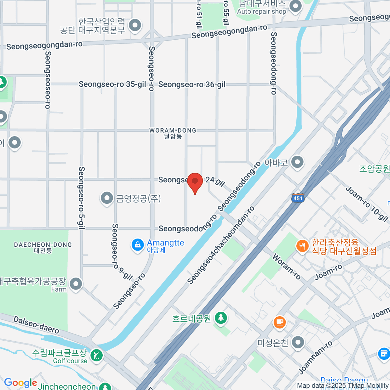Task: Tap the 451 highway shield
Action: (x=298, y=198)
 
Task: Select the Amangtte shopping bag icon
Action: (x=137, y=245)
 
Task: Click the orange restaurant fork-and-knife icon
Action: (x=302, y=246)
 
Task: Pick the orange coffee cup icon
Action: (x=279, y=322)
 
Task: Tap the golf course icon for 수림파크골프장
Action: (x=96, y=356)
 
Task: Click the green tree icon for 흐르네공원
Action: (x=221, y=318)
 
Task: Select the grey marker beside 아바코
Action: (x=297, y=162)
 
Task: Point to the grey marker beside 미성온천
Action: (x=298, y=342)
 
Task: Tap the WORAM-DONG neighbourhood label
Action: (x=173, y=133)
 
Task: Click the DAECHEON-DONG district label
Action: (x=43, y=247)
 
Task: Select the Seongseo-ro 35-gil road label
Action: (x=112, y=84)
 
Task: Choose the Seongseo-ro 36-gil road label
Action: (x=192, y=85)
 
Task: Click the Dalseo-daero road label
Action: (x=36, y=325)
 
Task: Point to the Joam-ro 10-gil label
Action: (x=367, y=204)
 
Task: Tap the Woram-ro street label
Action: (x=286, y=266)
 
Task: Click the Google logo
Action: (x=20, y=383)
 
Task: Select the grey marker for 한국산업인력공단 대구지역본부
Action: (x=135, y=25)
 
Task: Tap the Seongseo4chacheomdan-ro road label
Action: (x=221, y=245)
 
